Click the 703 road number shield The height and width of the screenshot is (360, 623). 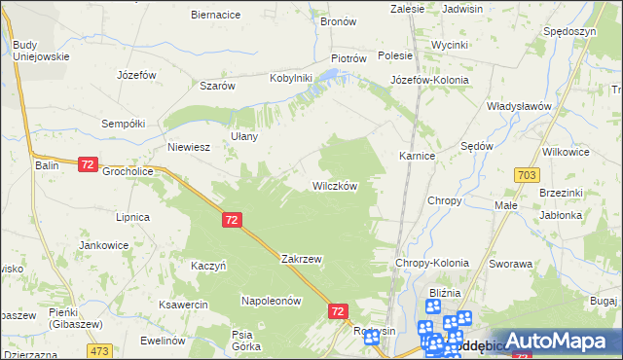point(528,174)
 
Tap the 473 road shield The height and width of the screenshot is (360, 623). point(98,349)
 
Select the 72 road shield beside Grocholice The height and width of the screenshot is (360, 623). point(88,165)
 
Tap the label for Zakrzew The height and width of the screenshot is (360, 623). point(301,260)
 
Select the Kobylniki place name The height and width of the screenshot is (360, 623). point(290,78)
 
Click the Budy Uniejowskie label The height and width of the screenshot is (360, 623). point(41,51)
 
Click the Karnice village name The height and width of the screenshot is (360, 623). point(417,156)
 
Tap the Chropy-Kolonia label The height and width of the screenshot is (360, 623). point(431,263)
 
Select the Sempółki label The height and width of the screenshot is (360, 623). point(124,124)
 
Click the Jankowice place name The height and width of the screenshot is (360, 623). point(104,245)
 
